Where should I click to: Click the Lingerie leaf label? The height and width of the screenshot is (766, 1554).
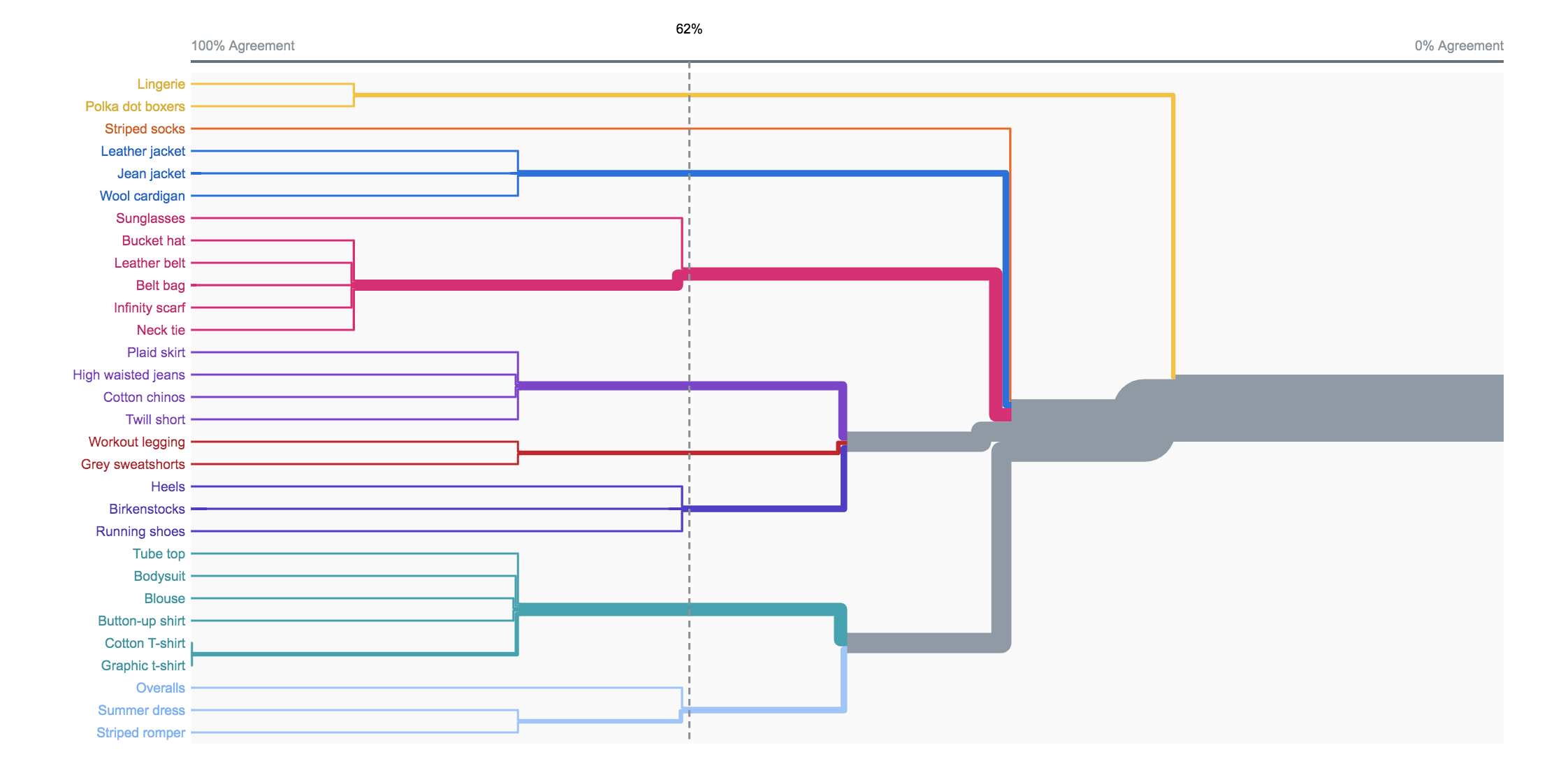point(161,85)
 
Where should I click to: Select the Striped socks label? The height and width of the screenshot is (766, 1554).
point(145,129)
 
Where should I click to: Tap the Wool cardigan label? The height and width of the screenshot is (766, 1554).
point(142,196)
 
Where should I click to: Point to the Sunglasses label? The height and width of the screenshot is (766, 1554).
point(150,219)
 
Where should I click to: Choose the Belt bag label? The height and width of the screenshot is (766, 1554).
point(160,286)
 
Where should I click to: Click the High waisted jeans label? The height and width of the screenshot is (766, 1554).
point(129,375)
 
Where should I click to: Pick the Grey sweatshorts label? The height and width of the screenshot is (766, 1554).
point(133,465)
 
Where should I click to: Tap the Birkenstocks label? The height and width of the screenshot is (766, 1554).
point(147,509)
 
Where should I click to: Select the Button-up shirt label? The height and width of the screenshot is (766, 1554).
point(141,621)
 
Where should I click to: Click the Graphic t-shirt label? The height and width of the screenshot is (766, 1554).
point(143,666)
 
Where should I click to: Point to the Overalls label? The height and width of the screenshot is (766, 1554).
point(160,688)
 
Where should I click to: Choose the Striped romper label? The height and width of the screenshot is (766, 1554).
point(140,733)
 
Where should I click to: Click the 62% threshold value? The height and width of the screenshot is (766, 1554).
point(689,29)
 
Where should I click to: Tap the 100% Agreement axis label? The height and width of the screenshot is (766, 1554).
point(243,46)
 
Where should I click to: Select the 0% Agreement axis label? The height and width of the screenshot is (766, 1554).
point(1459,46)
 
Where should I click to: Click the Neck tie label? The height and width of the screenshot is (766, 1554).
point(161,330)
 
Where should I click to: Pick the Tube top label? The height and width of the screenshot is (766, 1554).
point(159,554)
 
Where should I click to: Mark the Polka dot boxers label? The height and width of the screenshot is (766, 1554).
point(135,106)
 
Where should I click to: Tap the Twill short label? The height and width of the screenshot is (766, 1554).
point(155,419)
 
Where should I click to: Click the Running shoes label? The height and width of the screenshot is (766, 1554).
point(140,532)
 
